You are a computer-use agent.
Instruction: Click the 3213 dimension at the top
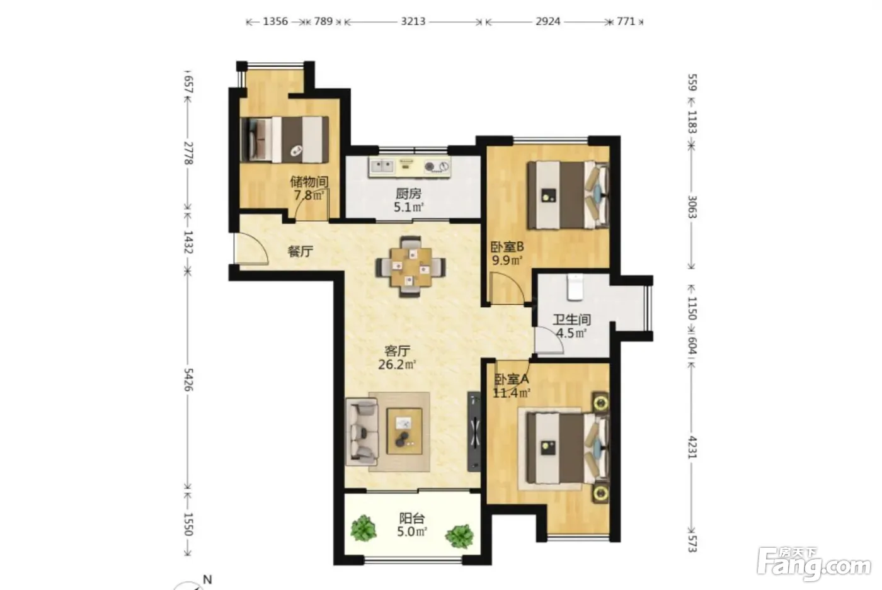tap(413, 21)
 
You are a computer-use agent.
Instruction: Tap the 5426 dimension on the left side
tap(188, 380)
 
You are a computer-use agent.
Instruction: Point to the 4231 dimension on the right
tap(692, 448)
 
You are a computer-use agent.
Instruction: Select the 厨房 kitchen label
tap(408, 194)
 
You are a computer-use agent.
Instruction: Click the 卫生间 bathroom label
tap(571, 320)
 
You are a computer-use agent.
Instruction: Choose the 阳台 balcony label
tap(412, 518)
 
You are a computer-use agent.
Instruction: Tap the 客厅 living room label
tap(398, 351)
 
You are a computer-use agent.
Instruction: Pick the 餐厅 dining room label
tap(301, 251)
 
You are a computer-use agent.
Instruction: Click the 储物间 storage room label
tap(309, 182)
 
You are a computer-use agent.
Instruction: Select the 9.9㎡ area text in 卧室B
tap(507, 260)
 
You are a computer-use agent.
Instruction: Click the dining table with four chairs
tap(411, 266)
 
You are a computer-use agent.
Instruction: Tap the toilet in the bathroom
tap(575, 287)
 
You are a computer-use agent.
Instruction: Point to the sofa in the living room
tap(362, 432)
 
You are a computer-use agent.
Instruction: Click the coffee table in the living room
tap(404, 431)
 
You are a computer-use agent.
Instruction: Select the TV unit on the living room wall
tap(474, 431)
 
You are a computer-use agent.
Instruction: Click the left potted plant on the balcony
tap(364, 528)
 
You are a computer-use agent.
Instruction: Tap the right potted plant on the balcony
tap(459, 536)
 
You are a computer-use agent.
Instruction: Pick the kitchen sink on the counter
tap(382, 166)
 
